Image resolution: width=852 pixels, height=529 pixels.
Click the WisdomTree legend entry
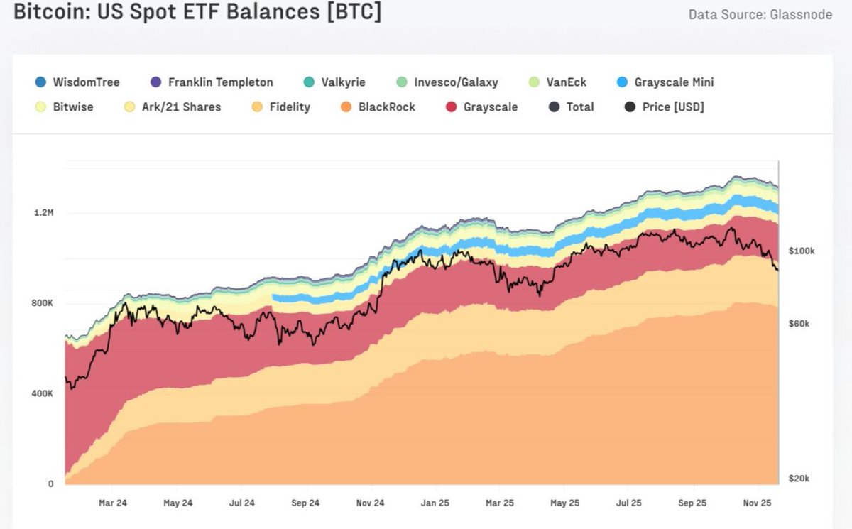(78, 82)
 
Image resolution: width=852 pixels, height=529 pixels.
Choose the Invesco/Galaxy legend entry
(447, 82)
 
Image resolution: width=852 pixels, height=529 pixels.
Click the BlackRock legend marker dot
(346, 107)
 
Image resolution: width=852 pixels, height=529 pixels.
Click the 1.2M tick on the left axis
(43, 213)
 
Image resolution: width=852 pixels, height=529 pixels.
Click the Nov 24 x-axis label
(369, 503)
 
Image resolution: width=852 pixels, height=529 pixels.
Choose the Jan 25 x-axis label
(434, 503)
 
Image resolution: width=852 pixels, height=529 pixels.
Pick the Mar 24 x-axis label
(112, 503)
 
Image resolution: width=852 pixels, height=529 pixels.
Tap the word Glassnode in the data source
(800, 14)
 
